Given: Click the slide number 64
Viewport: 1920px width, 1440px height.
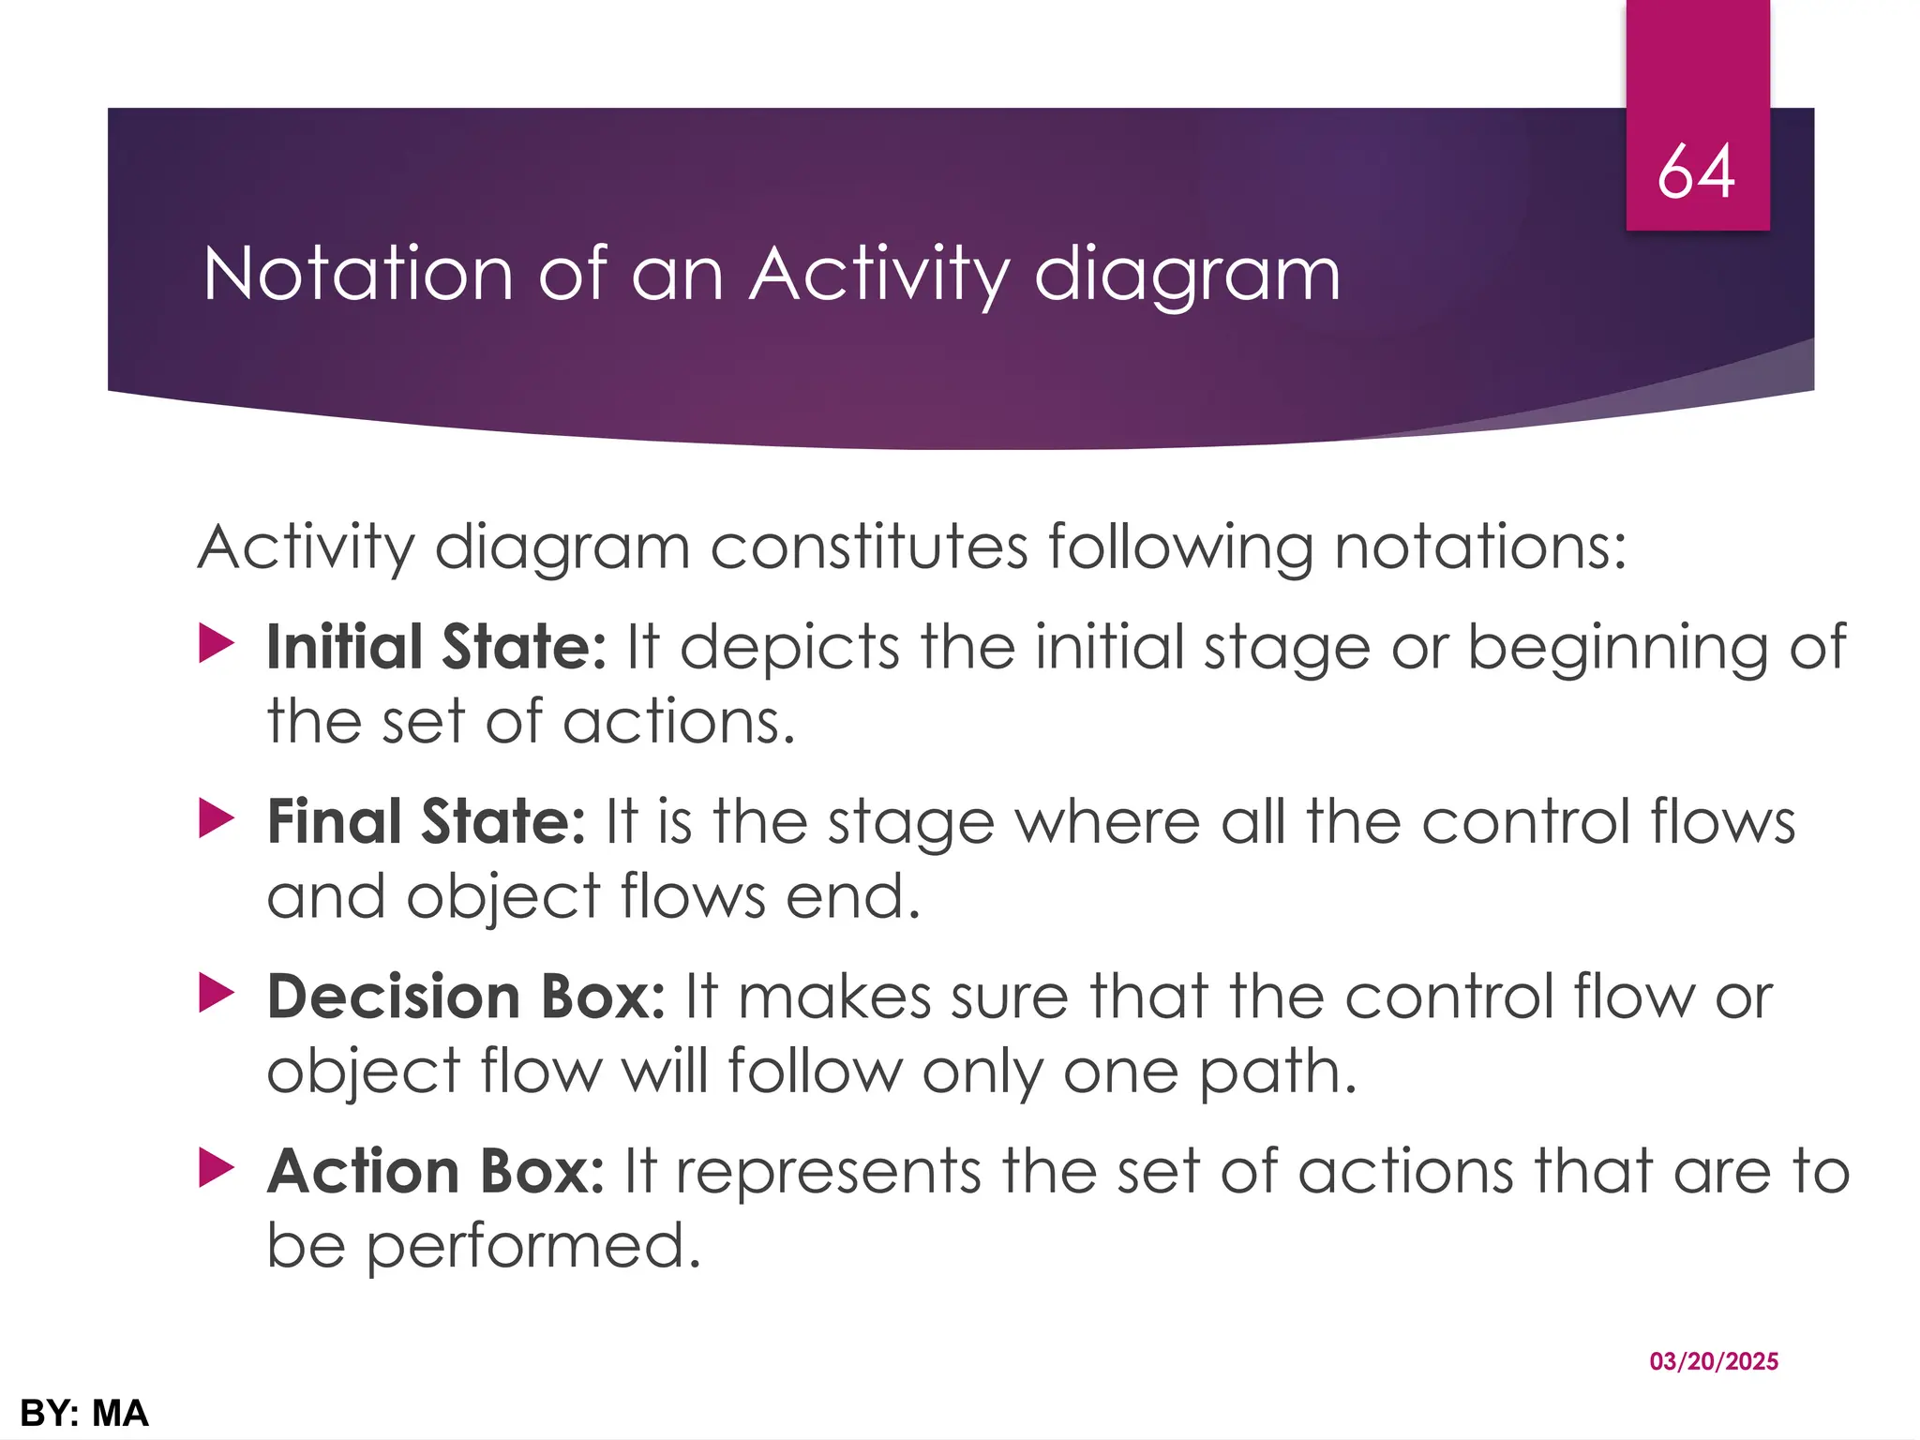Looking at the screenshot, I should click(x=1696, y=172).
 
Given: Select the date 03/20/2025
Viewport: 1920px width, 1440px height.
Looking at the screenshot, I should click(x=1714, y=1361).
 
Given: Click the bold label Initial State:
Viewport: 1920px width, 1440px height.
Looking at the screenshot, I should click(x=437, y=647).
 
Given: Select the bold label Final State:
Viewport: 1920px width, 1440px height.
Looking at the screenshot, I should click(x=427, y=821).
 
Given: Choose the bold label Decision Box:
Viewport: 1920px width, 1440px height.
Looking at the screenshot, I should click(x=466, y=996).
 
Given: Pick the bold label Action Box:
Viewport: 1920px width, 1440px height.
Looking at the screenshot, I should click(x=436, y=1171).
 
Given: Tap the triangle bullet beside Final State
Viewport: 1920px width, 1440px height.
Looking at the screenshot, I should click(x=217, y=819).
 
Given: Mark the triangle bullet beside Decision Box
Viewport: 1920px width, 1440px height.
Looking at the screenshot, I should click(x=217, y=994).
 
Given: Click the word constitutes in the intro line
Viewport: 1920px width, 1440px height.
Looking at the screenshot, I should click(x=869, y=547).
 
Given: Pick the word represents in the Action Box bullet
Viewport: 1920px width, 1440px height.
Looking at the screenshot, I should click(x=829, y=1172).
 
